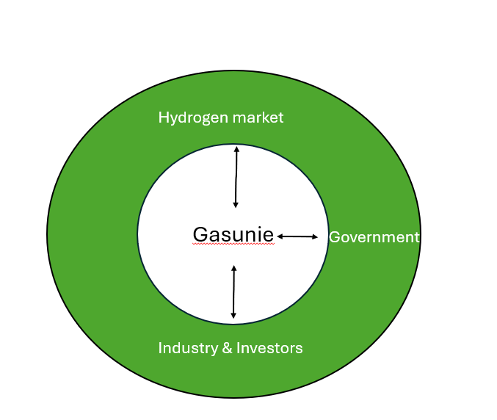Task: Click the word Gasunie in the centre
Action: point(233,234)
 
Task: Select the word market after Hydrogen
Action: point(258,117)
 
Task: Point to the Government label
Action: point(374,237)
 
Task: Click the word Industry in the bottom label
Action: point(188,348)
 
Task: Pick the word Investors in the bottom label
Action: point(269,348)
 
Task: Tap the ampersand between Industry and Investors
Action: point(228,348)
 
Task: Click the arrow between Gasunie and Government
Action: point(297,236)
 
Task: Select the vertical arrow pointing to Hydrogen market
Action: point(236,177)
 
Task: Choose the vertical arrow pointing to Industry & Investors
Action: point(233,292)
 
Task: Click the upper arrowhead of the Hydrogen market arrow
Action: point(236,148)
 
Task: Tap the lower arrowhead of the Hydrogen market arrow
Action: point(236,205)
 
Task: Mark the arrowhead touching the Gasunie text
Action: point(280,236)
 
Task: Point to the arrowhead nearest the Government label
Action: point(315,236)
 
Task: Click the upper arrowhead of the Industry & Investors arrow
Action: point(234,268)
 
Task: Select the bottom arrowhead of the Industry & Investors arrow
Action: point(233,316)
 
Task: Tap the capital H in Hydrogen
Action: point(163,117)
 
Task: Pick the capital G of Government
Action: point(335,237)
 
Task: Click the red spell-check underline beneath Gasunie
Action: point(233,244)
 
